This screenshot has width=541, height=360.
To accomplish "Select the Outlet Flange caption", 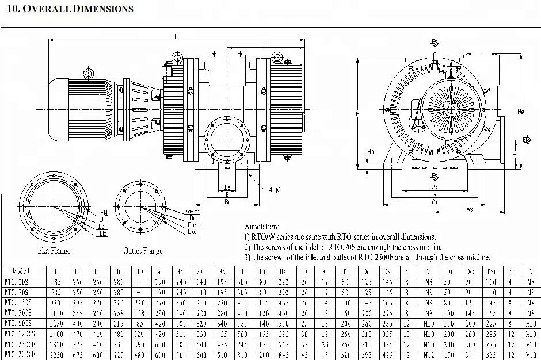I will (x=143, y=251).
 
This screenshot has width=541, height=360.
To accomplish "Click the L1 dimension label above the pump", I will (x=266, y=44).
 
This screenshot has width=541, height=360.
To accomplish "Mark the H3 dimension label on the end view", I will (x=371, y=152).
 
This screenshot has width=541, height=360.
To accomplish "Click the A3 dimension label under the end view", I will (x=470, y=208).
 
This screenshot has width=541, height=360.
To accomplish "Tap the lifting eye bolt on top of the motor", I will (x=88, y=72).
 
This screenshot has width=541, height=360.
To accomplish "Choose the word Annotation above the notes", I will (x=262, y=227).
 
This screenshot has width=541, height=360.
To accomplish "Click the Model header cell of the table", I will (x=20, y=271).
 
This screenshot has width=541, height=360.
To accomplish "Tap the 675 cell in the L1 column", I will (x=77, y=354).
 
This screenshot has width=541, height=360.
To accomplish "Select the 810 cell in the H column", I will (x=242, y=354).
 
